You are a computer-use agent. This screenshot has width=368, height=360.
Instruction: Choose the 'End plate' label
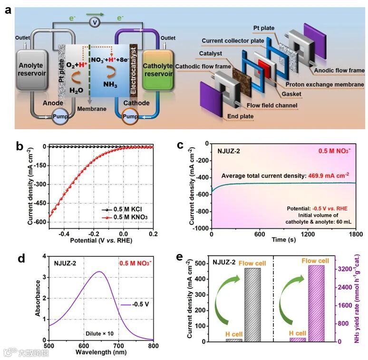click(x=253, y=116)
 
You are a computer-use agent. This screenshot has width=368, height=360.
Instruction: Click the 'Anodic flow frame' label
click(x=339, y=70)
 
